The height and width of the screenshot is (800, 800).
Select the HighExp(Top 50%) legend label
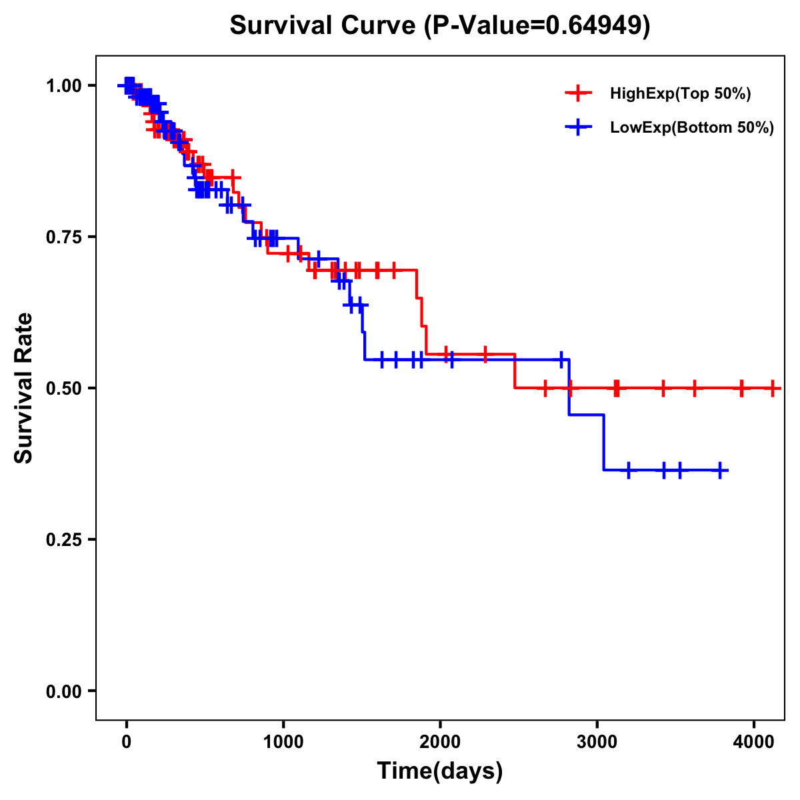point(680,94)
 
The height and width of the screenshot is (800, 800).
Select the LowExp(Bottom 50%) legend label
point(692,127)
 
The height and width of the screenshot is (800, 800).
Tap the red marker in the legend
point(578,94)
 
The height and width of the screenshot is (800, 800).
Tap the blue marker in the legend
point(578,127)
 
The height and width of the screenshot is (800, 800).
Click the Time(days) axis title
point(440,771)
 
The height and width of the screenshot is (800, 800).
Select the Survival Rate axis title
point(25,388)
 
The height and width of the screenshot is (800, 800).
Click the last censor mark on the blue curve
point(719,470)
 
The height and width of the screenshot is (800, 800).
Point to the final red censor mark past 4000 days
point(773,388)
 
